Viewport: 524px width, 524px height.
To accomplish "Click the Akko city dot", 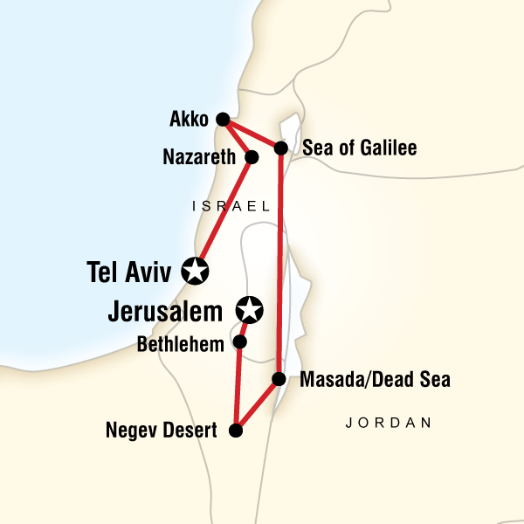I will pyautogui.click(x=223, y=120).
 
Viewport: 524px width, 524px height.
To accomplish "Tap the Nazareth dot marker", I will pyautogui.click(x=252, y=158).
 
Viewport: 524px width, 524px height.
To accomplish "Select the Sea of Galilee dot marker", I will pyautogui.click(x=281, y=148).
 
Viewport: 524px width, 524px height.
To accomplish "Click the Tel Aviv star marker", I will pyautogui.click(x=195, y=271).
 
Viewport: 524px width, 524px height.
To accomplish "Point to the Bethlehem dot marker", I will pyautogui.click(x=240, y=342).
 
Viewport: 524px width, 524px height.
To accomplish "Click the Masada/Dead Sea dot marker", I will pyautogui.click(x=279, y=379).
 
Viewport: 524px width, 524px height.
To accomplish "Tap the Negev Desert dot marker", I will pyautogui.click(x=235, y=430).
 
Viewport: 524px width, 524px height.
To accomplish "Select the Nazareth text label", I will pyautogui.click(x=199, y=158).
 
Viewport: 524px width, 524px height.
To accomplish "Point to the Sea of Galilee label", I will pyautogui.click(x=359, y=148).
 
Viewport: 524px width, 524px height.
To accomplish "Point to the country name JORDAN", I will pyautogui.click(x=389, y=424).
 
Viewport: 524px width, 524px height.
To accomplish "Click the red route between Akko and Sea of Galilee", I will pyautogui.click(x=252, y=134).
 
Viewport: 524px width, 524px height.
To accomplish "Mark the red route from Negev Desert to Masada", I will pyautogui.click(x=257, y=404).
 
